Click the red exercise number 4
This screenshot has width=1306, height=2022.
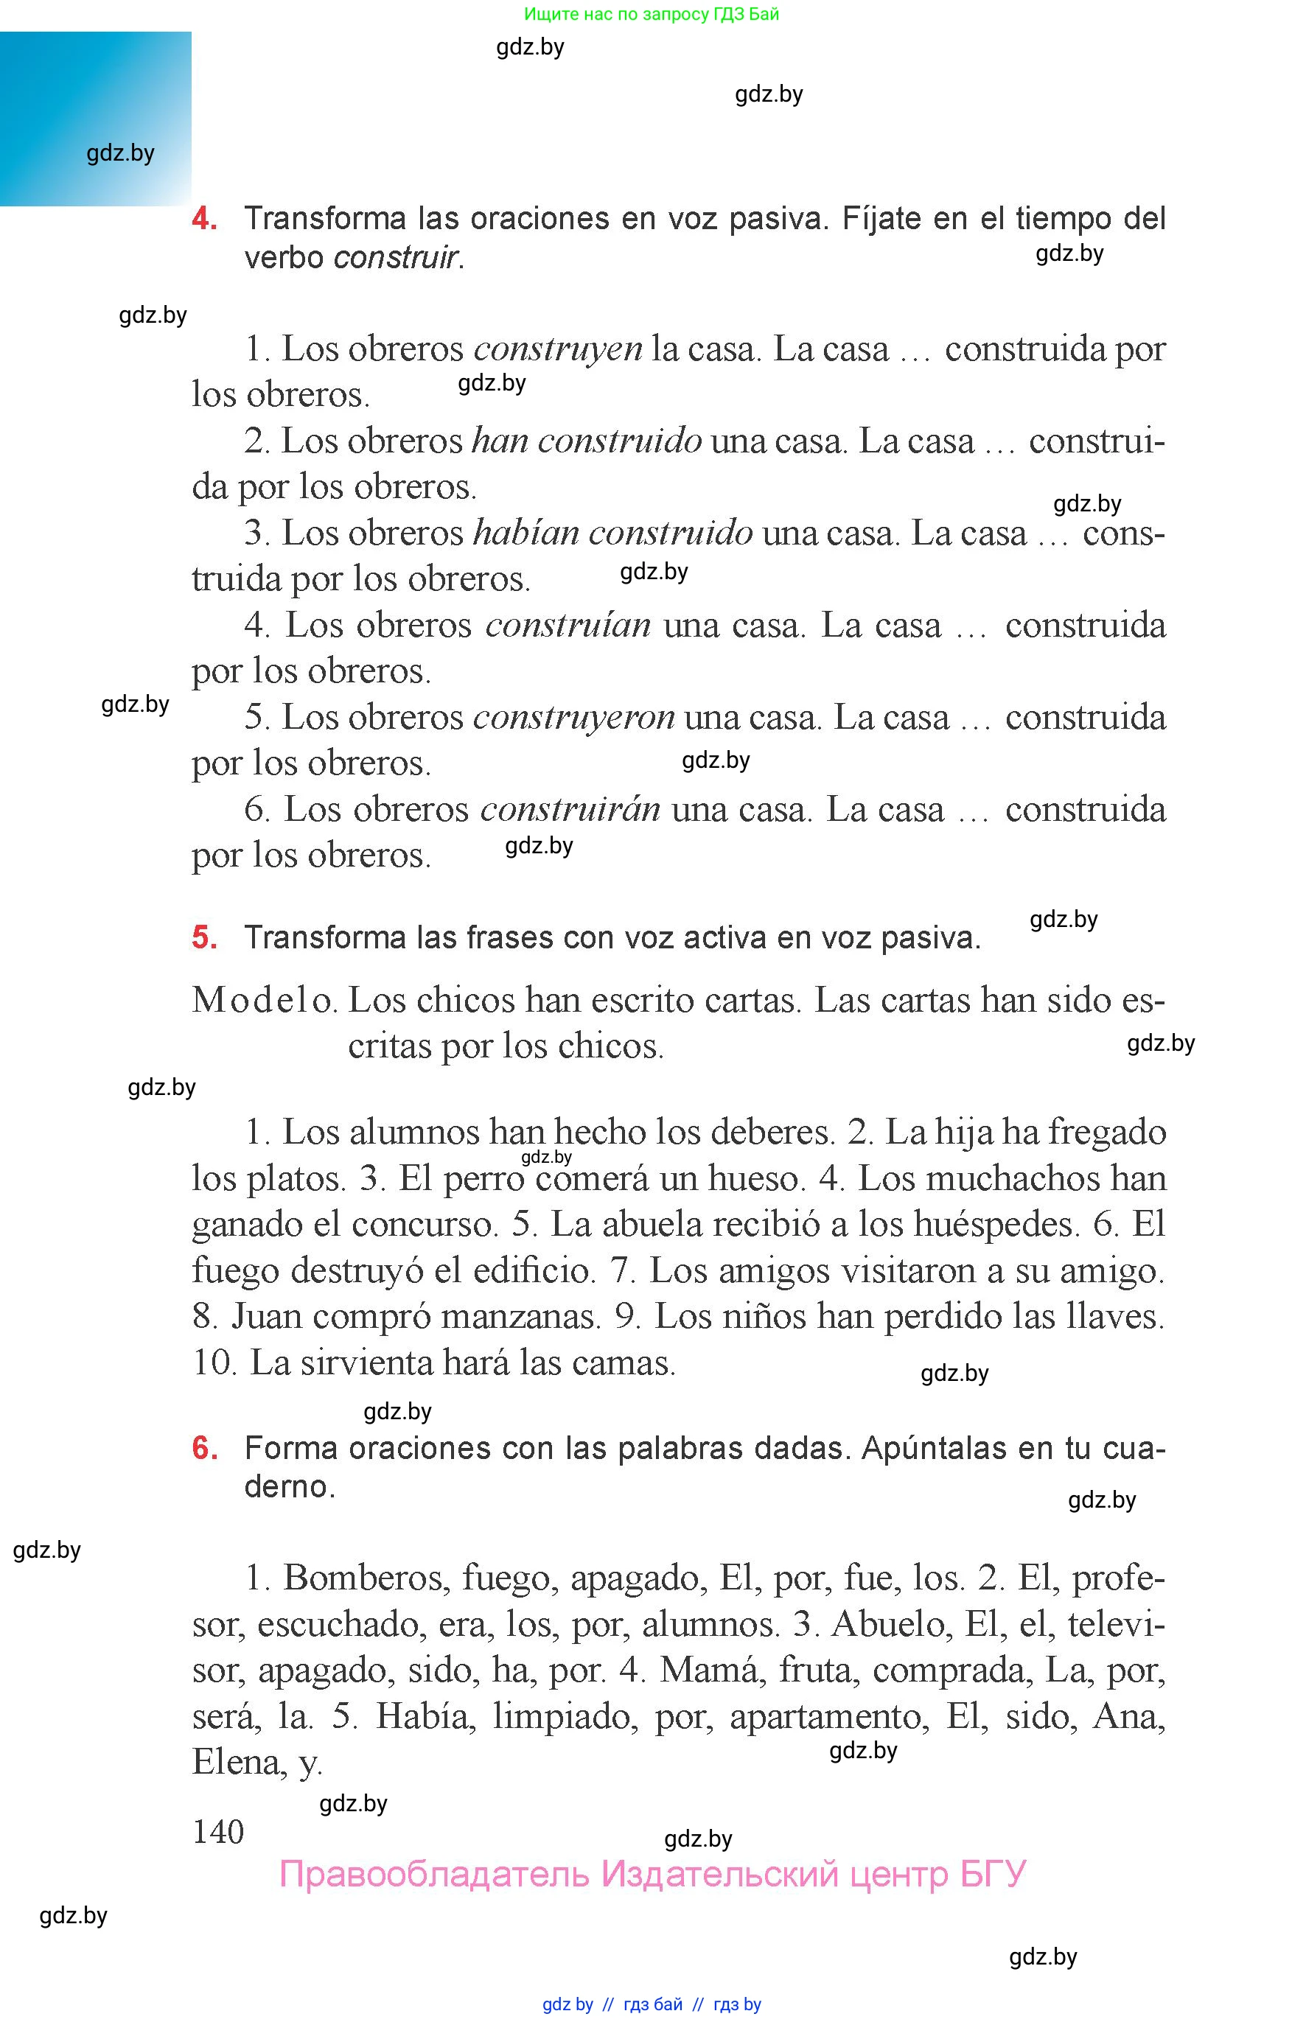point(204,219)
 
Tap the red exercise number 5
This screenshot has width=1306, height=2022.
point(204,937)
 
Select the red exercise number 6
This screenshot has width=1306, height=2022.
point(204,1448)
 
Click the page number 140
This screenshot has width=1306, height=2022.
point(218,1832)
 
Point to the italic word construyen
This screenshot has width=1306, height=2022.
point(557,349)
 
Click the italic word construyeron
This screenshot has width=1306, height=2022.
point(573,718)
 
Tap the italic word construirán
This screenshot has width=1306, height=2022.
point(570,810)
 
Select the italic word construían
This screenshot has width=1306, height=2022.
point(568,626)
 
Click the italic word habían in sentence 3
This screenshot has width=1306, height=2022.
point(525,534)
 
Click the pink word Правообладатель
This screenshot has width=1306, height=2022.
point(433,1874)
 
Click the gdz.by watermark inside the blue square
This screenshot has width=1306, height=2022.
point(120,153)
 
